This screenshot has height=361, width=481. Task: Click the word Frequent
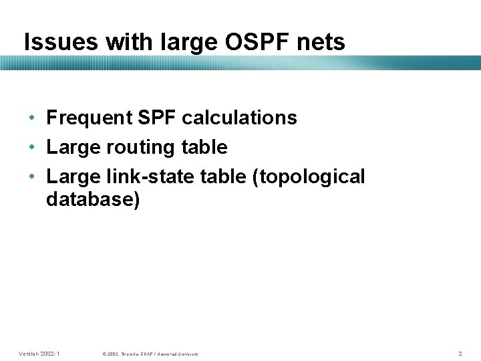point(90,118)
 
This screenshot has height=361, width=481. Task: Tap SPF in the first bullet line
point(158,118)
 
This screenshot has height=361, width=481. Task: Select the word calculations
point(239,118)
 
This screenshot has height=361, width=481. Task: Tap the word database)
point(93,200)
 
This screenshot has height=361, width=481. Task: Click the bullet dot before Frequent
point(32,118)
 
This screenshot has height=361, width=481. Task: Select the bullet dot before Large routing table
point(32,148)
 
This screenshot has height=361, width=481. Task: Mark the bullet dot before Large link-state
point(32,177)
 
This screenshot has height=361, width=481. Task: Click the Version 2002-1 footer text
point(39,352)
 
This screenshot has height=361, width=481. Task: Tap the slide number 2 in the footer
point(460,352)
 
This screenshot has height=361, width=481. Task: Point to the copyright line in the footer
point(151,353)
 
